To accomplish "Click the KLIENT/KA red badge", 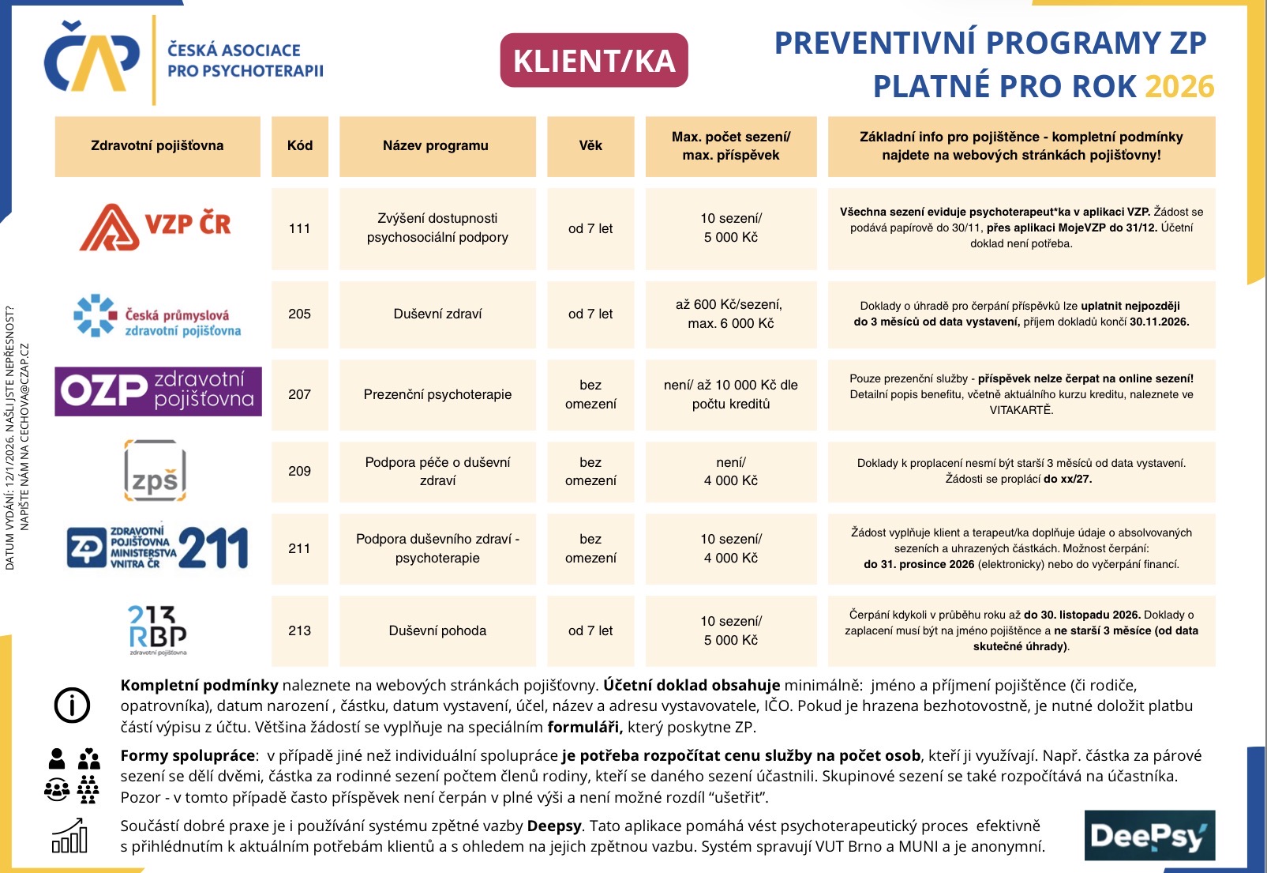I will pyautogui.click(x=594, y=60).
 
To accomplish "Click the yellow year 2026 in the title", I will pyautogui.click(x=1179, y=86).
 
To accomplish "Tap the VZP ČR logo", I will pyautogui.click(x=156, y=227).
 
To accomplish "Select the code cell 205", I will pyautogui.click(x=299, y=314).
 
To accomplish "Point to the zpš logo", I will pyautogui.click(x=155, y=471).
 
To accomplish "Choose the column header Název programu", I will pyautogui.click(x=436, y=146).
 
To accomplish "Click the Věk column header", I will pyautogui.click(x=590, y=146).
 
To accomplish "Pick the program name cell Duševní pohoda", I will pyautogui.click(x=437, y=630).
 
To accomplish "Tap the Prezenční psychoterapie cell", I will pyautogui.click(x=437, y=394).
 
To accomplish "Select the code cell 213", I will pyautogui.click(x=299, y=630).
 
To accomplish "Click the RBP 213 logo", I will pyautogui.click(x=157, y=630).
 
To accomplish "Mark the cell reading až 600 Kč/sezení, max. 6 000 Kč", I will pyautogui.click(x=731, y=314).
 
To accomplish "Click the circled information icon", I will pyautogui.click(x=72, y=705).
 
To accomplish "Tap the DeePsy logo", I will pyautogui.click(x=1149, y=835).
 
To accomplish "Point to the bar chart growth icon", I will pyautogui.click(x=69, y=836).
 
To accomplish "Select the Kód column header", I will pyautogui.click(x=300, y=146).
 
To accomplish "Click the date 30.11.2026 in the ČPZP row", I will pyautogui.click(x=1159, y=322).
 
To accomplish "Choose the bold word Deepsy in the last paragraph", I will pyautogui.click(x=554, y=826).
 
